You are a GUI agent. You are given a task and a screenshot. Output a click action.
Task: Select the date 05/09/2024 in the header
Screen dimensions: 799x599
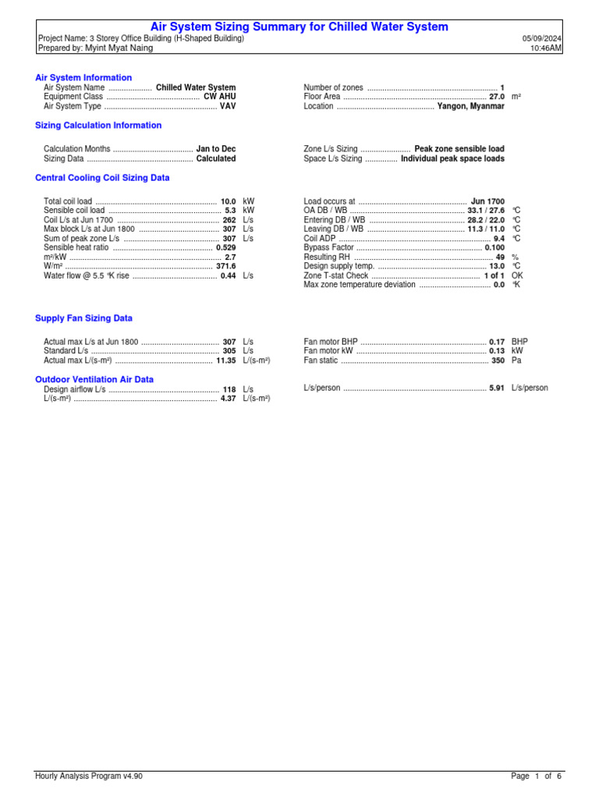pyautogui.click(x=542, y=38)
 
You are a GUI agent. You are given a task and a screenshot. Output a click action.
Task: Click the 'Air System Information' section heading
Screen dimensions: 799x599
pyautogui.click(x=83, y=78)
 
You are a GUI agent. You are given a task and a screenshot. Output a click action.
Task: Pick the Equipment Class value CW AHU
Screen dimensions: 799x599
pyautogui.click(x=219, y=97)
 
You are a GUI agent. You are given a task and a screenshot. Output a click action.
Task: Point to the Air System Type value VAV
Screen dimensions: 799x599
pyautogui.click(x=227, y=106)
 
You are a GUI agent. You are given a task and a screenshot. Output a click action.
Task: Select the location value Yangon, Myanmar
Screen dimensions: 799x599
pyautogui.click(x=470, y=106)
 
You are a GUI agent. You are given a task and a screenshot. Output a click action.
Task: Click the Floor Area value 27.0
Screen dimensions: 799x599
pyautogui.click(x=496, y=97)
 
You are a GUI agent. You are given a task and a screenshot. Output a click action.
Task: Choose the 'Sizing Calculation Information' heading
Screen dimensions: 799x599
pyautogui.click(x=98, y=125)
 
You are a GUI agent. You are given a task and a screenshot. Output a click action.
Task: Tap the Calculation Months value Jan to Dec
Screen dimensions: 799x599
pyautogui.click(x=215, y=148)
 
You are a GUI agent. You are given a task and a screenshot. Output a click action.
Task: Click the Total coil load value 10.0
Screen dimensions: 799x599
pyautogui.click(x=228, y=201)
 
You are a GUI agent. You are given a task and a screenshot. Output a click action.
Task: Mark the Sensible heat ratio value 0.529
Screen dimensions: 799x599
pyautogui.click(x=225, y=247)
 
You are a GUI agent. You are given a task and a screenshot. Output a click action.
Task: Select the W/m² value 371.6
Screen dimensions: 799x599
pyautogui.click(x=225, y=266)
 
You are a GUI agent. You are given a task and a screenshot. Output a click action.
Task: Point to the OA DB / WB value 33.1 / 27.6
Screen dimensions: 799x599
pyautogui.click(x=485, y=211)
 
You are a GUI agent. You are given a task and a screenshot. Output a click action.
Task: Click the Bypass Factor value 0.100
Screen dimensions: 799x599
pyautogui.click(x=494, y=247)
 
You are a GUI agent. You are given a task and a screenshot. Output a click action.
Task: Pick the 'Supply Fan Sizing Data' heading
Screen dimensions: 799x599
pyautogui.click(x=83, y=318)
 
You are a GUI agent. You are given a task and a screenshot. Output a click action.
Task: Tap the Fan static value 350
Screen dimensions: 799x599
pyautogui.click(x=498, y=360)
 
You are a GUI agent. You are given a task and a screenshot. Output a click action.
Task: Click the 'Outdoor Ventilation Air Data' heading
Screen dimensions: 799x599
pyautogui.click(x=94, y=379)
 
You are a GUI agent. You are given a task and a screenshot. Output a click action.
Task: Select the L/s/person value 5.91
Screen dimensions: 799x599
pyautogui.click(x=496, y=388)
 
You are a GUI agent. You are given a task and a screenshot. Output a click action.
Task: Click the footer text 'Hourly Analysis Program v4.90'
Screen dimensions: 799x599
pyautogui.click(x=89, y=776)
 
